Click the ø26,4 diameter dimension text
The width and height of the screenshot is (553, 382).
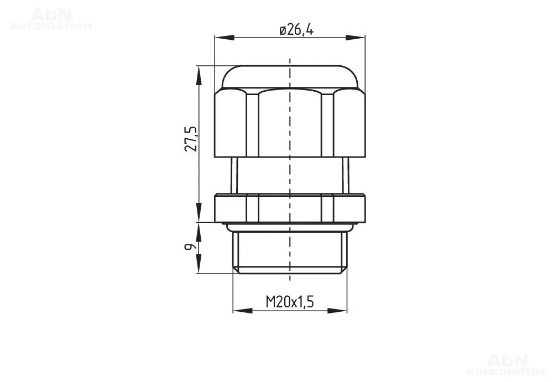tap(296, 30)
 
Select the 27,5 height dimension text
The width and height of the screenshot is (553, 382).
tap(191, 139)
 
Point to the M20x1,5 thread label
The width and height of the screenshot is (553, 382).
tap(290, 302)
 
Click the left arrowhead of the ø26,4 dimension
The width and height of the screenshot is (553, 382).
tap(225, 38)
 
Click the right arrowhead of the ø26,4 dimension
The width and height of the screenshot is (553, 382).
tap(356, 38)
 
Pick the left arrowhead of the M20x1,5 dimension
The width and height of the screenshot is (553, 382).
tap(243, 311)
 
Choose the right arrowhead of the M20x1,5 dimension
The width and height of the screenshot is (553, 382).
tap(337, 311)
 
